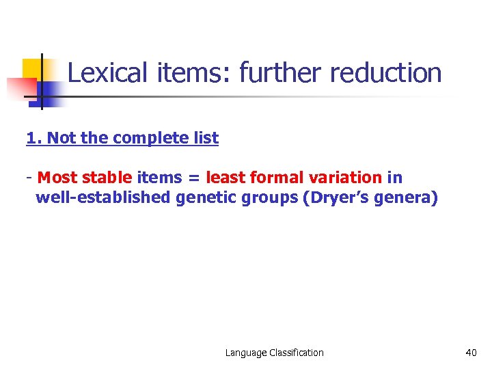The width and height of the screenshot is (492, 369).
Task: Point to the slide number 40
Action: [471, 353]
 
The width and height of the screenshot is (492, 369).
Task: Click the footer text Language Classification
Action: [275, 353]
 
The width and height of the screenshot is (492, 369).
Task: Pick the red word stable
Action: [108, 178]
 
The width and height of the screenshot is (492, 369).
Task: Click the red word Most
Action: [57, 178]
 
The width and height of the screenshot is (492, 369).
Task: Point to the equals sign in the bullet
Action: [194, 178]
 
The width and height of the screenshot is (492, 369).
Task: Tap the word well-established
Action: [103, 198]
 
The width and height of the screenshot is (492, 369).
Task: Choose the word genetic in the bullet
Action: [206, 199]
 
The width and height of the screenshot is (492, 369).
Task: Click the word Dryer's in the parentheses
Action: [338, 198]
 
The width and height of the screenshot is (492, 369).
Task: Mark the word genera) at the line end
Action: [407, 199]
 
